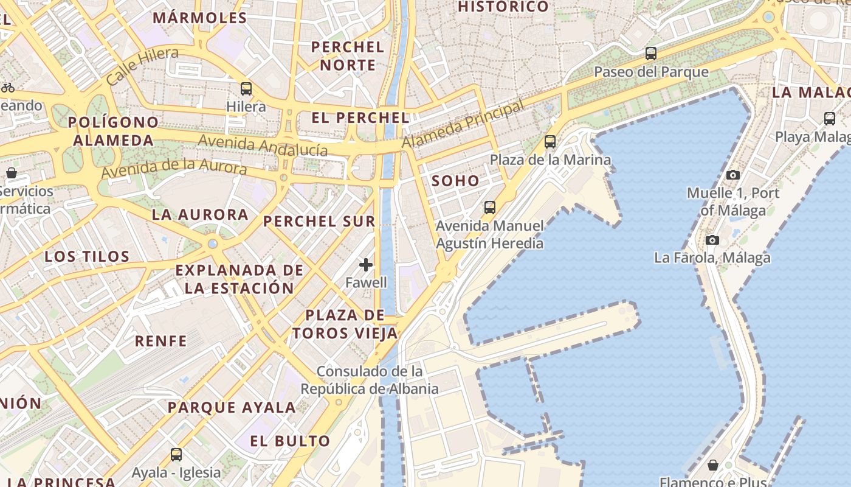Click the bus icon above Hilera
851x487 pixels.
[x=246, y=89]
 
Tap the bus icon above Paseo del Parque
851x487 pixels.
[x=651, y=54]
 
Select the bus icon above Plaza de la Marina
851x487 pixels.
[x=550, y=142]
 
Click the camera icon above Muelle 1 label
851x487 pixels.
[x=733, y=175]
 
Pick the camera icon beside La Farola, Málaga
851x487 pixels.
[x=712, y=240]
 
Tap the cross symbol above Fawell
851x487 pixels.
[x=366, y=265]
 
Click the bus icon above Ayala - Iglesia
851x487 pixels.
[x=176, y=454]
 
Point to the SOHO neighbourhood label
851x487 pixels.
[x=455, y=181]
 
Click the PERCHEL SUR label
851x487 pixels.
[x=319, y=222]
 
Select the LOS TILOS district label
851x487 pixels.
[x=87, y=256]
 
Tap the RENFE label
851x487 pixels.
[x=160, y=341]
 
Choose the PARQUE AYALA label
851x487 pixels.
[x=232, y=407]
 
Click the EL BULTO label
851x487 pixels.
[x=290, y=441]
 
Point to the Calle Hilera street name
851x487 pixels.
[x=142, y=65]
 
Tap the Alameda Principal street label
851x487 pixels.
[x=463, y=124]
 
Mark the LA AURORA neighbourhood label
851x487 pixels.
[x=200, y=214]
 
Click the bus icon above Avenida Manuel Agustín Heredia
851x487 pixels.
[x=490, y=208]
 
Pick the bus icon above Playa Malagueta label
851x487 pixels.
[x=830, y=119]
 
